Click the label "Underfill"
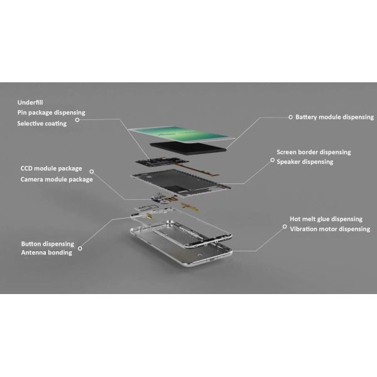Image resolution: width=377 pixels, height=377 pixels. [x=30, y=102]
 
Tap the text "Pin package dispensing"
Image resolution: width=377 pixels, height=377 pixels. [x=52, y=112]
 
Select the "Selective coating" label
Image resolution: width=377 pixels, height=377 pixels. [x=42, y=123]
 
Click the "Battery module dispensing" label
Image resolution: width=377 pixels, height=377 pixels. [x=334, y=117]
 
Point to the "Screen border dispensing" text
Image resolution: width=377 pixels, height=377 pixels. [x=314, y=152]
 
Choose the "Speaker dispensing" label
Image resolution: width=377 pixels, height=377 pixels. [x=305, y=162]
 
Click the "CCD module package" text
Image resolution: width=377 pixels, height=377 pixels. [x=52, y=168]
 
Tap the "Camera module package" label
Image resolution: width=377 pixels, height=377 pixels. [x=57, y=179]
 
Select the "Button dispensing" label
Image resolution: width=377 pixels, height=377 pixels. [x=48, y=244]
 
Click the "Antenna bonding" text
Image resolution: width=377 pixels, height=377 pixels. [x=46, y=253]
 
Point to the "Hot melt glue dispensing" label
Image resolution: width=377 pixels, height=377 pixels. [x=326, y=219]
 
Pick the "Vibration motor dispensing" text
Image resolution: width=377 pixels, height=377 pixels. [x=330, y=229]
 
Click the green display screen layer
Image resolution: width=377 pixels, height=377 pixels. [x=182, y=134]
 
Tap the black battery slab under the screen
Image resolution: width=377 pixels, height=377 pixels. [x=188, y=148]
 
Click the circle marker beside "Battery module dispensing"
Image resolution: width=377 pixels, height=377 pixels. [x=291, y=117]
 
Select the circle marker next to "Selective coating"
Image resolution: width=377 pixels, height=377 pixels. [x=77, y=120]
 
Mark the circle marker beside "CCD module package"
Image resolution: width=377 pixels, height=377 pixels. [x=92, y=172]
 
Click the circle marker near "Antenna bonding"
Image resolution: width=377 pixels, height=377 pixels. [x=80, y=248]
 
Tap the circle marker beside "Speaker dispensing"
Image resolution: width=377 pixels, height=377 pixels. [x=273, y=160]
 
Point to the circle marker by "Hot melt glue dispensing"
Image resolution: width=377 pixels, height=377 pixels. [x=285, y=227]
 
